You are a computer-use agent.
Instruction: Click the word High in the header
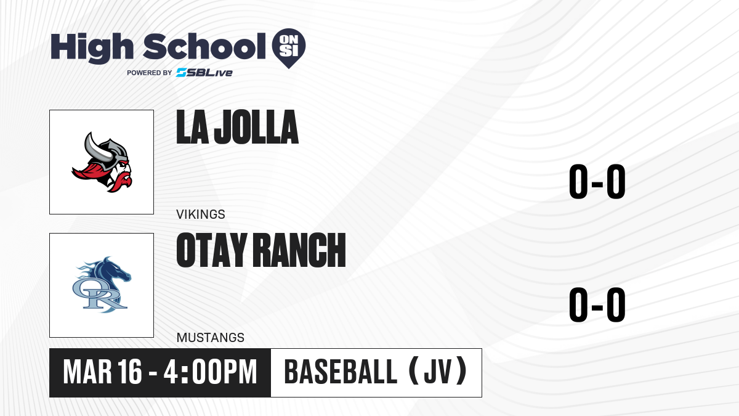point(92,48)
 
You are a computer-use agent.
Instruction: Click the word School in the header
point(204,47)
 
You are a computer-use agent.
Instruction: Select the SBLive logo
point(204,73)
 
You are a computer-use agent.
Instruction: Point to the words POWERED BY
point(150,73)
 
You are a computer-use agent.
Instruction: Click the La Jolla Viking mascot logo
point(102,162)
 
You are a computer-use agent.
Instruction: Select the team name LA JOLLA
point(238,127)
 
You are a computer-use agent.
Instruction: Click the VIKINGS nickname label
point(201,214)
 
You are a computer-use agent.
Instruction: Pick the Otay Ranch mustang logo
point(102,285)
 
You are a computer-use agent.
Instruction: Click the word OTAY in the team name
point(212,250)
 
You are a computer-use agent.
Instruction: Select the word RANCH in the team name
point(301,250)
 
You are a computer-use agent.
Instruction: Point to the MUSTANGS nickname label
point(211,338)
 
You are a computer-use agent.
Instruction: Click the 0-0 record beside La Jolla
point(597,182)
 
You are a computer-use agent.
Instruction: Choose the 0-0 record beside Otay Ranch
point(597,304)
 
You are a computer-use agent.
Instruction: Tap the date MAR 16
point(103,372)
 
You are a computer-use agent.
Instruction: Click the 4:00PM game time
point(210,372)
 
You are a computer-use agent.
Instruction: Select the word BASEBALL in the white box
point(341,372)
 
